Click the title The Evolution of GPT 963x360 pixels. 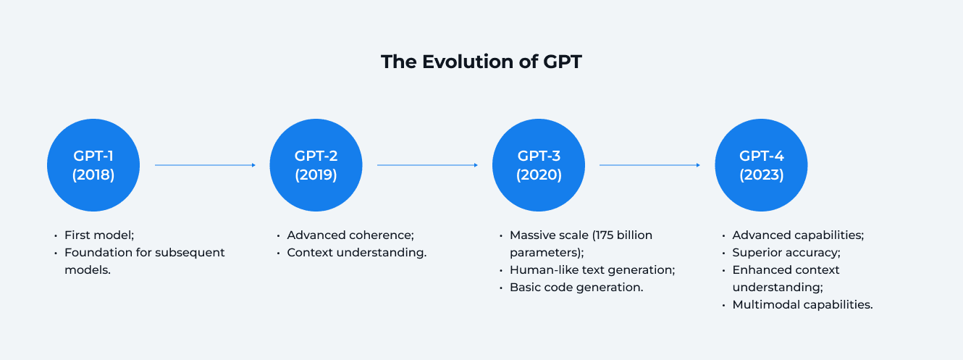point(481,62)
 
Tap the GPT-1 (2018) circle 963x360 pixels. point(93,165)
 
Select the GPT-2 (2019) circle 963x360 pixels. point(316,165)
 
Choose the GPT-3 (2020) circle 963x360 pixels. point(539,165)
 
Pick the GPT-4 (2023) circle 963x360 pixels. point(761,165)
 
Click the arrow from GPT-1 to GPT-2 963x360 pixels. point(205,165)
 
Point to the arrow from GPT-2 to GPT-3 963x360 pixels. point(427,165)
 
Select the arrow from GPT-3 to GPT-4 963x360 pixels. point(649,165)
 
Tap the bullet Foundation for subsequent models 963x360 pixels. point(144,253)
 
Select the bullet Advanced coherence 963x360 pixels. point(350,235)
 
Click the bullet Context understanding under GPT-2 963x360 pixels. point(356,253)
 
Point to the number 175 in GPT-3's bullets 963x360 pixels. point(605,235)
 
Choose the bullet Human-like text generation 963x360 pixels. point(592,270)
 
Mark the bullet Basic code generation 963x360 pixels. point(576,288)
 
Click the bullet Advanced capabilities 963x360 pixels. point(798,235)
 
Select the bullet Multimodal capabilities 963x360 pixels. point(802,305)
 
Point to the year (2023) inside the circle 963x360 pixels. point(761,175)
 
